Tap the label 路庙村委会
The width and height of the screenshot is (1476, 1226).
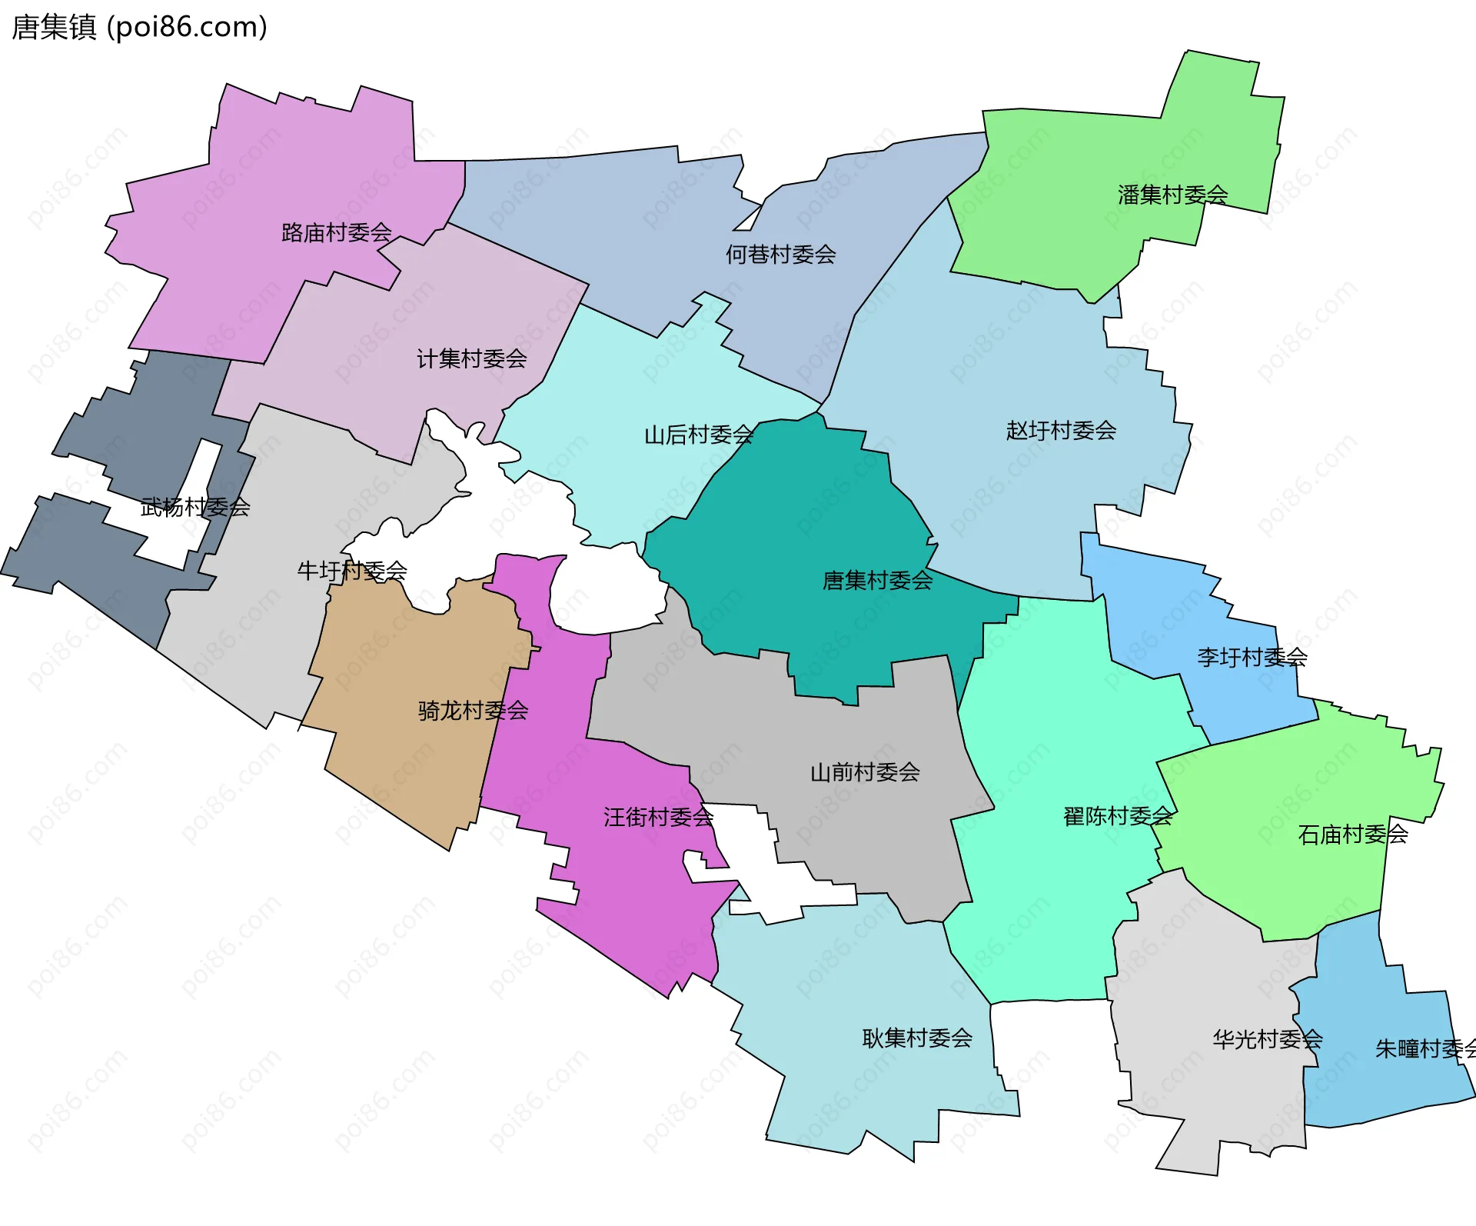pos(337,232)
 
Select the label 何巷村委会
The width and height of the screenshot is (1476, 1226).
pos(780,254)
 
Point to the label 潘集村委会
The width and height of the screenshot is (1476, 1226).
pos(1172,195)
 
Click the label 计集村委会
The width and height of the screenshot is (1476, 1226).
pos(471,358)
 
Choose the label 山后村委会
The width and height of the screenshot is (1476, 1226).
pos(698,435)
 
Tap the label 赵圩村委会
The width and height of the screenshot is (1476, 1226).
pos(1061,430)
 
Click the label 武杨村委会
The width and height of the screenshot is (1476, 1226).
pos(195,507)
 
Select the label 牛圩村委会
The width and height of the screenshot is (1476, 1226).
pos(352,571)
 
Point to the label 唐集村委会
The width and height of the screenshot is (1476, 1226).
pos(877,580)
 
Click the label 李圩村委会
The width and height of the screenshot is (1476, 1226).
pos(1252,657)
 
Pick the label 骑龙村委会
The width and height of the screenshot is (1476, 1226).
pos(473,710)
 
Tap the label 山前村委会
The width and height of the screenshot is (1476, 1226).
pos(865,771)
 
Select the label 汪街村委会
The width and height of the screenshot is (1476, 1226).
pos(658,817)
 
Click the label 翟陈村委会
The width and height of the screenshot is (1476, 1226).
pos(1117,816)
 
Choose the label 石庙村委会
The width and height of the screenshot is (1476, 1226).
pos(1352,834)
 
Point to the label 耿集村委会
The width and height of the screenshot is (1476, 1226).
pos(917,1038)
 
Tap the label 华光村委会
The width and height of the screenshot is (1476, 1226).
pos(1267,1039)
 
